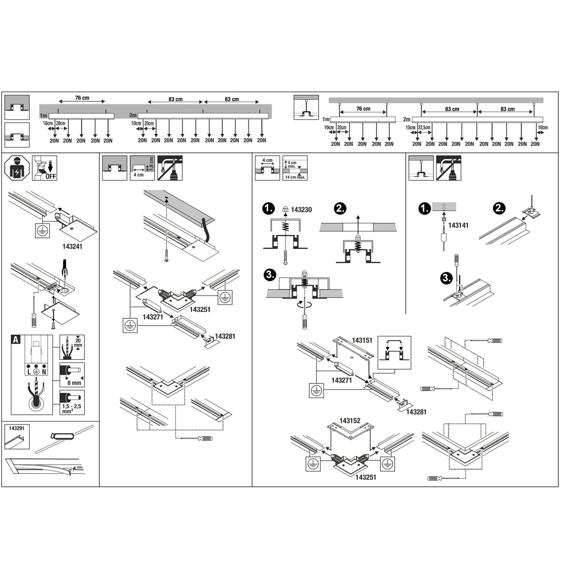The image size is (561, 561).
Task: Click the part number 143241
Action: pos(72,246)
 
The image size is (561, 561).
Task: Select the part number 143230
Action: pos(301,210)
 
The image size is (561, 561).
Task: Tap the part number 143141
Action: pos(458,226)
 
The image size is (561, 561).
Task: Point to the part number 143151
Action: pos(362,340)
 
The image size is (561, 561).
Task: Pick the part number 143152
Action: pos(350,421)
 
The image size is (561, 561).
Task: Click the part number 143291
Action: pos(16,428)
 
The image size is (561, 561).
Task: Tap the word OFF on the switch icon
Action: pos(51,176)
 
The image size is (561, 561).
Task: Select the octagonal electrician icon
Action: pos(17,168)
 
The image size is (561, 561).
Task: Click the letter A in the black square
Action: pos(16,340)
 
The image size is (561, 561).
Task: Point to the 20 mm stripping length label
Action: pos(78,343)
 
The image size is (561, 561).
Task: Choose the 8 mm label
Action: pos(74,383)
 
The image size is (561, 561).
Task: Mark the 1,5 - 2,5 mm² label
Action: pos(71,408)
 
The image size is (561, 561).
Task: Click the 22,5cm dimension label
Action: pos(424,128)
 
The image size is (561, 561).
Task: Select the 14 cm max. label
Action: pos(295,177)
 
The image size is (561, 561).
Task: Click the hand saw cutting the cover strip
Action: pos(62,436)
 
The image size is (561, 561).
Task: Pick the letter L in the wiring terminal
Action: pos(29,372)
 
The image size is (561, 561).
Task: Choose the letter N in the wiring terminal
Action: pos(44,372)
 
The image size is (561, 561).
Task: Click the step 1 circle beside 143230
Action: pos(269,209)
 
